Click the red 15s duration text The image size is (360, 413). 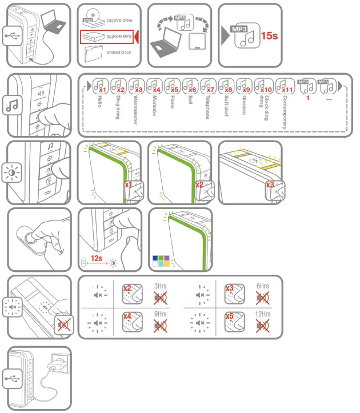coord(269,35)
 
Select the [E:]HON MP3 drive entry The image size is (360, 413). coord(109,37)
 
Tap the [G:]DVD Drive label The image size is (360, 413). coord(119,20)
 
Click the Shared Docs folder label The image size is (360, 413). coord(119,52)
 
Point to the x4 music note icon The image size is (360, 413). coord(154,86)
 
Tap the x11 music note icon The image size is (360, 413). coord(285,86)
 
